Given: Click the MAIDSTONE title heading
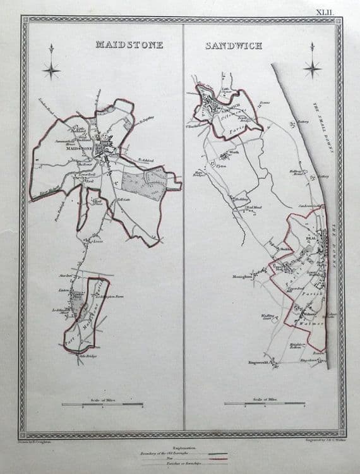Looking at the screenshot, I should click(x=129, y=45).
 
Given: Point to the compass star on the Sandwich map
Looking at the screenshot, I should click(x=311, y=67).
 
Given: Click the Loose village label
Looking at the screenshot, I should click(x=97, y=241).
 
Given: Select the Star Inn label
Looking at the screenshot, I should click(x=64, y=276).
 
